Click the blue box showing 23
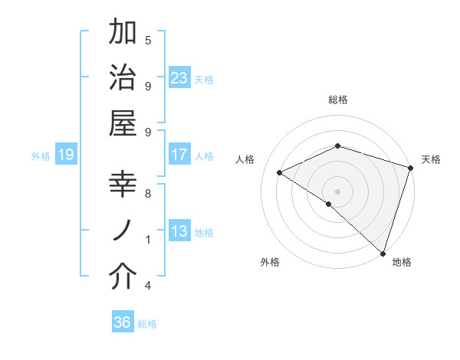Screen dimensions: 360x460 pos(179,78)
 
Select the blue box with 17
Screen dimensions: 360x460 pos(179,155)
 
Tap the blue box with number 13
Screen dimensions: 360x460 pos(179,231)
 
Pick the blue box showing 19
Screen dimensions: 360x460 pos(66,155)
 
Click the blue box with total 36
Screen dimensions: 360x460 pos(123,322)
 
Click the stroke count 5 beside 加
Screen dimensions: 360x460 pos(148,41)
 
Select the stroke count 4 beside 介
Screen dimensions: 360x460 pos(148,286)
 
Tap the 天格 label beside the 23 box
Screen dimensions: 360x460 pos(204,80)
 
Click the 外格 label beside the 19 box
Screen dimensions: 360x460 pos(41,156)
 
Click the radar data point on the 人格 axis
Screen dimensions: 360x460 pos(280,173)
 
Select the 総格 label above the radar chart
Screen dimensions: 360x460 pos(338,100)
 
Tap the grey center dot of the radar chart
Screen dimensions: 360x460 pos(337,191)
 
